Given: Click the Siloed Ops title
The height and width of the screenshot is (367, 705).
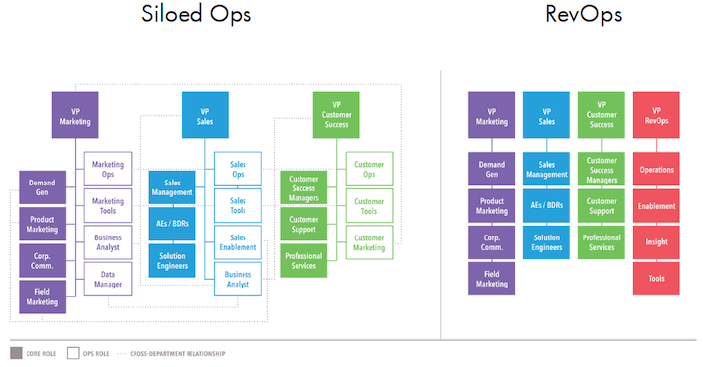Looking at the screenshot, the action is pos(196,14).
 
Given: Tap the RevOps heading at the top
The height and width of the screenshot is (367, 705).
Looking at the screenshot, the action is pos(583,14).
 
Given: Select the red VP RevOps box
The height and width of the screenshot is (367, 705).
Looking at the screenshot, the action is pos(657,116).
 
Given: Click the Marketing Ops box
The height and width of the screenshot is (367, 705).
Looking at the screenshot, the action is pos(108,169).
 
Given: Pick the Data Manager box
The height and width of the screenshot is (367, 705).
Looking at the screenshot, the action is pos(108,279).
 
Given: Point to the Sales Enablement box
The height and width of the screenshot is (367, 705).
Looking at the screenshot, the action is pos(238,242).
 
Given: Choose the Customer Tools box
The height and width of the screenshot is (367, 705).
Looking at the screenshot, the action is pos(369,206).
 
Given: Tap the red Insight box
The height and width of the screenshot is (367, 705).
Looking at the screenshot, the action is pos(657,242).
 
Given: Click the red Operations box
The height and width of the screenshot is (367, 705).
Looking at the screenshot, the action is pos(657,169).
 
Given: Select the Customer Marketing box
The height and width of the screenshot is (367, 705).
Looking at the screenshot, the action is pos(369,242).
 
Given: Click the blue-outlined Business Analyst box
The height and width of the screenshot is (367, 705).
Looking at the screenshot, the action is pos(238,279).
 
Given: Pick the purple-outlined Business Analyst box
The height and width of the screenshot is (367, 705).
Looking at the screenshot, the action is pos(108,242).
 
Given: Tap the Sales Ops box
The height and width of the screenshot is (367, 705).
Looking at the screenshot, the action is pos(238,169).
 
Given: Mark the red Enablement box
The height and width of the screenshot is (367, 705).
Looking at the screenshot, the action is pos(657,206).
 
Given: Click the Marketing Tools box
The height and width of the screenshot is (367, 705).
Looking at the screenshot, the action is pos(108,206).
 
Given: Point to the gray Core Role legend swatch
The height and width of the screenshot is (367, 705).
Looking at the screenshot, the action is pos(16,353).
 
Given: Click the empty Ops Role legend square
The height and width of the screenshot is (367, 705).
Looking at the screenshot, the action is pos(73,353).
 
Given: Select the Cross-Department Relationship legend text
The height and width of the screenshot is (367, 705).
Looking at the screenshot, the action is pos(178,354).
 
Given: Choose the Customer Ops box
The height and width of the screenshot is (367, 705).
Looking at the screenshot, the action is pos(369,169).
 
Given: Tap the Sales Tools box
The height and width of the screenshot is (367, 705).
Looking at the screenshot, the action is pos(238,206).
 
